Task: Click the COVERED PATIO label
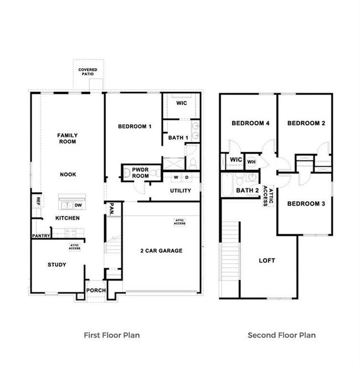(x=88, y=72)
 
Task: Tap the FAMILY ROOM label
(x=68, y=138)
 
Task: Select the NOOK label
(x=68, y=174)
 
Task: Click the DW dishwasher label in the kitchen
(x=78, y=205)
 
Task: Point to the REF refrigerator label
(x=38, y=200)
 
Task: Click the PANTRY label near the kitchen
(x=41, y=236)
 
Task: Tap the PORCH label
(x=95, y=290)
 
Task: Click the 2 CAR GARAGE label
(x=161, y=251)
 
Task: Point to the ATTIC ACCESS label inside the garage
(x=179, y=222)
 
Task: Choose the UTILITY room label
(x=180, y=191)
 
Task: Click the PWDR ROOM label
(x=141, y=173)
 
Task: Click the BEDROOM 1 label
(x=135, y=126)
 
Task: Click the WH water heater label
(x=251, y=162)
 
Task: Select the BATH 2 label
(x=248, y=190)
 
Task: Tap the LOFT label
(x=267, y=260)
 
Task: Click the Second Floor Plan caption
(x=281, y=335)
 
